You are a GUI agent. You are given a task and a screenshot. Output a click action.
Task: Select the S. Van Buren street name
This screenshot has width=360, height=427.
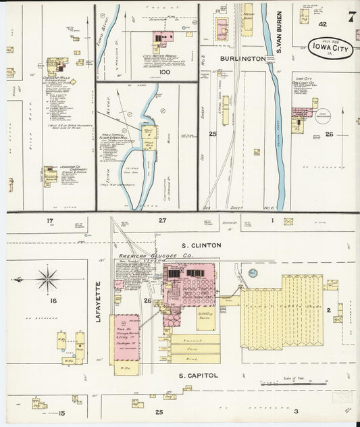tap(277, 34)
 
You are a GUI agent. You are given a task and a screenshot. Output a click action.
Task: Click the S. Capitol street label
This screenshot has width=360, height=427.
tap(199, 375)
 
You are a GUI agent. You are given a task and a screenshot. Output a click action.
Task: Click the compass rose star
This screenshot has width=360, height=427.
tap(48, 278)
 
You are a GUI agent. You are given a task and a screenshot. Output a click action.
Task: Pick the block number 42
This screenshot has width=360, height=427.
tap(323, 24)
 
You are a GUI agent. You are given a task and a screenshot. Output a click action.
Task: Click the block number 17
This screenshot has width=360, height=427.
tap(50, 221)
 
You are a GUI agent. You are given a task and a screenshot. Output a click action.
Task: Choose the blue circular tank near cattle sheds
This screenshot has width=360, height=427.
tap(253, 273)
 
